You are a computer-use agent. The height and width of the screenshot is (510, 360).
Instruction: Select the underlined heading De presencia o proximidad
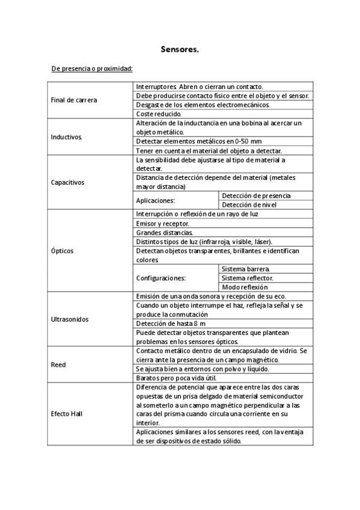92,69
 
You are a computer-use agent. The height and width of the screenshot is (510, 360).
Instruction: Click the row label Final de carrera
75,100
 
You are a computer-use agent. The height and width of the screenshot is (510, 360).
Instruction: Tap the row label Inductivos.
67,137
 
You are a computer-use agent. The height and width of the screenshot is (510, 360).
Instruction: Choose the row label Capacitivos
68,182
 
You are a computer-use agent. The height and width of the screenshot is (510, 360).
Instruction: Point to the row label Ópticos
63,251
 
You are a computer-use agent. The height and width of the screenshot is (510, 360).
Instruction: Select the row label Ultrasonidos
69,319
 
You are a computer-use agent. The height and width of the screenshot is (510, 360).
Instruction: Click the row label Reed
58,364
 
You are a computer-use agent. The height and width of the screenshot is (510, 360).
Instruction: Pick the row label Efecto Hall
67,414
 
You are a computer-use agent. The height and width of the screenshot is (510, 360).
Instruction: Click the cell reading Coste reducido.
159,114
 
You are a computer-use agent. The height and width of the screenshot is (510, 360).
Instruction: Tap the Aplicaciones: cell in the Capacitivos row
156,200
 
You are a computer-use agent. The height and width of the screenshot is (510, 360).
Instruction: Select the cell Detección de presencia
256,196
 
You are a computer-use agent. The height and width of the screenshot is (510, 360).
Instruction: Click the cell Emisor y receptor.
162,223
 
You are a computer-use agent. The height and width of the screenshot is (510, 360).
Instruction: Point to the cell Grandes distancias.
165,232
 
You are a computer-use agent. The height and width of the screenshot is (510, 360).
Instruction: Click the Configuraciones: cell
161,278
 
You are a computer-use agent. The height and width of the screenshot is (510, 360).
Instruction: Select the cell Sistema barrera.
246,269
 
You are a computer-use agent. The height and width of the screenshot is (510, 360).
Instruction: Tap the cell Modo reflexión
245,287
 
